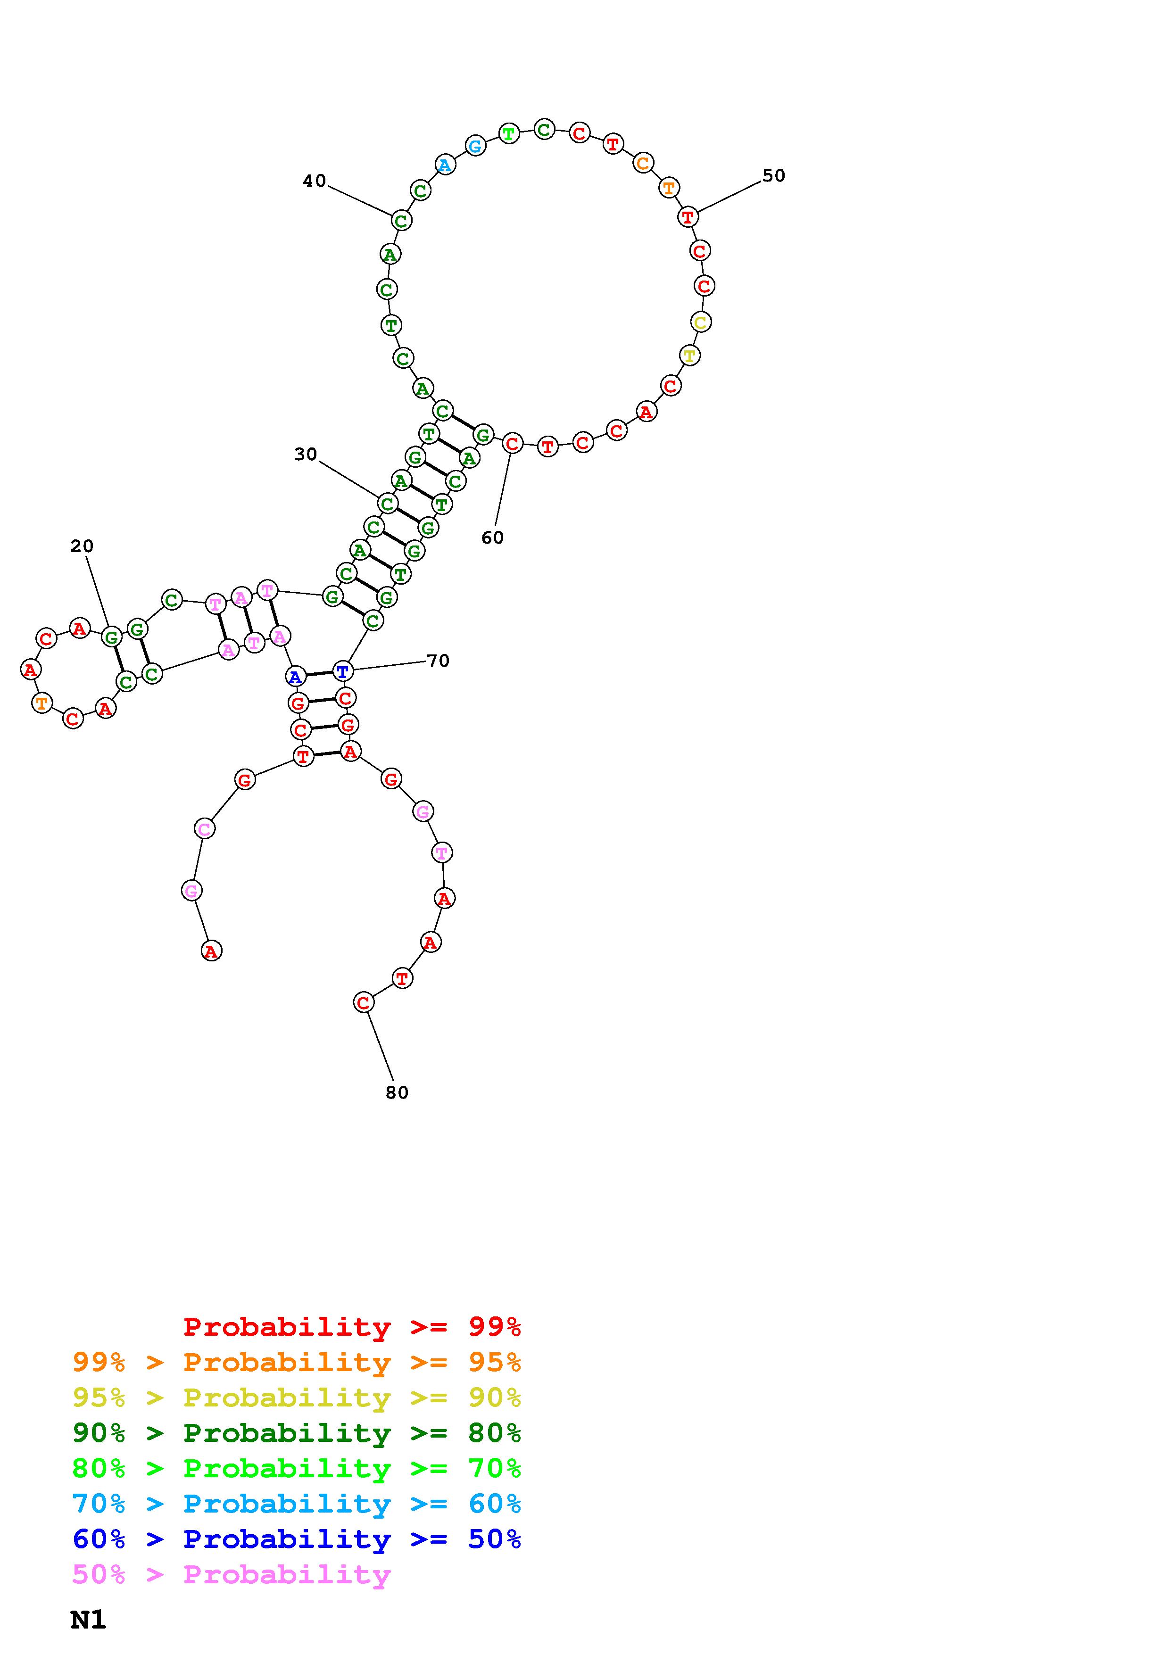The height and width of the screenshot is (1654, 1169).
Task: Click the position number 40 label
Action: [x=314, y=181]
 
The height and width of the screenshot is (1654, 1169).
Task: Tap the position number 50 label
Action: [x=773, y=176]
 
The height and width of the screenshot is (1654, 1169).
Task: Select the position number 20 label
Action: [x=82, y=546]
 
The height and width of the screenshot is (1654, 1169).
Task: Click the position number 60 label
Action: [x=493, y=538]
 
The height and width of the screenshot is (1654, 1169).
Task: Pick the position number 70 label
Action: [x=438, y=661]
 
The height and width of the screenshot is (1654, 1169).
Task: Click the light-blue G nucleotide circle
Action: [x=475, y=146]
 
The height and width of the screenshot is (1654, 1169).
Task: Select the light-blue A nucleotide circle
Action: [x=445, y=165]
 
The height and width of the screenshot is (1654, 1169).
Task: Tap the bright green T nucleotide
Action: [x=509, y=133]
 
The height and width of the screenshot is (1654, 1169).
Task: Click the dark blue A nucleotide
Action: [x=295, y=677]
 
